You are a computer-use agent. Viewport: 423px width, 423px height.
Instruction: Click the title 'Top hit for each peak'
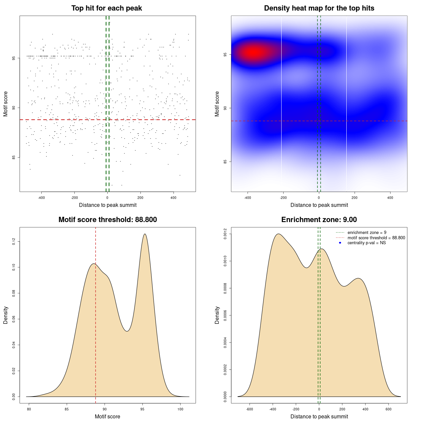click(x=106, y=8)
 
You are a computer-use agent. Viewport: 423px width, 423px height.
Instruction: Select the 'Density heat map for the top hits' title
click(x=319, y=8)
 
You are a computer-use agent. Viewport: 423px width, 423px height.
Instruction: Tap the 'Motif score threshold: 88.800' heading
click(x=107, y=220)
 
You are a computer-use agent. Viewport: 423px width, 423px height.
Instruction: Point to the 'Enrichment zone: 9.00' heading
click(x=319, y=220)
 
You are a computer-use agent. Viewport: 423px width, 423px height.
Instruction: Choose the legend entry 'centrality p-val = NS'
click(x=366, y=243)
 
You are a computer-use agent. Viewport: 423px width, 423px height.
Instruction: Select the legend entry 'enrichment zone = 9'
click(x=367, y=233)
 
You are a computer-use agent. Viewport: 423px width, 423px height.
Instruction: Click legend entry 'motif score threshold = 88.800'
click(x=376, y=238)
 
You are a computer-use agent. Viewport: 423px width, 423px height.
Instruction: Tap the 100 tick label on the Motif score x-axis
click(x=180, y=409)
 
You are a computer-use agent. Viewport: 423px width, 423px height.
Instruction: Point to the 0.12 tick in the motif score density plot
click(x=14, y=242)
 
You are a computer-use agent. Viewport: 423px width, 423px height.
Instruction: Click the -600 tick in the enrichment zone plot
click(x=250, y=409)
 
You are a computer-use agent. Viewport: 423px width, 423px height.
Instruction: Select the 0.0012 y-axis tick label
click(x=225, y=234)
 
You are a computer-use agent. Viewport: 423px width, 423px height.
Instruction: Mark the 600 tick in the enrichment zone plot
click(x=388, y=409)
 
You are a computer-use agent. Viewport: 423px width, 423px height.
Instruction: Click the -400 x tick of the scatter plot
click(x=41, y=198)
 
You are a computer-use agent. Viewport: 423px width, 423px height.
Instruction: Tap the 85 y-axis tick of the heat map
click(x=225, y=162)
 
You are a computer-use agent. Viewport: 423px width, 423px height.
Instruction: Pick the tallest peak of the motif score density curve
click(x=145, y=234)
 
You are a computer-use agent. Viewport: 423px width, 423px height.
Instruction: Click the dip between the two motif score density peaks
click(x=127, y=331)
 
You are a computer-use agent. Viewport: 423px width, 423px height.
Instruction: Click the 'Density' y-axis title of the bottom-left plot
click(x=6, y=315)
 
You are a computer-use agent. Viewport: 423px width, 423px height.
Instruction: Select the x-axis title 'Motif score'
click(x=107, y=417)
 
